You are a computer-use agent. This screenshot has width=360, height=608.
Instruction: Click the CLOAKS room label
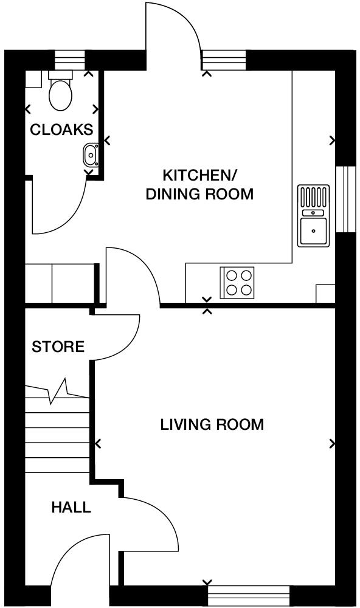61,130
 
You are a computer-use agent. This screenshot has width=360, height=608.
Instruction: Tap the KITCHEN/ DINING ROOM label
199,185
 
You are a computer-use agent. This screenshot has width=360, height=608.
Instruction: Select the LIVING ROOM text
212,424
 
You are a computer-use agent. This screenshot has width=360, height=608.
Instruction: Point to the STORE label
58,347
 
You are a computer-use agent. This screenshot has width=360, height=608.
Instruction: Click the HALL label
71,507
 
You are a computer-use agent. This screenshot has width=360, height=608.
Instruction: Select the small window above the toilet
69,60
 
